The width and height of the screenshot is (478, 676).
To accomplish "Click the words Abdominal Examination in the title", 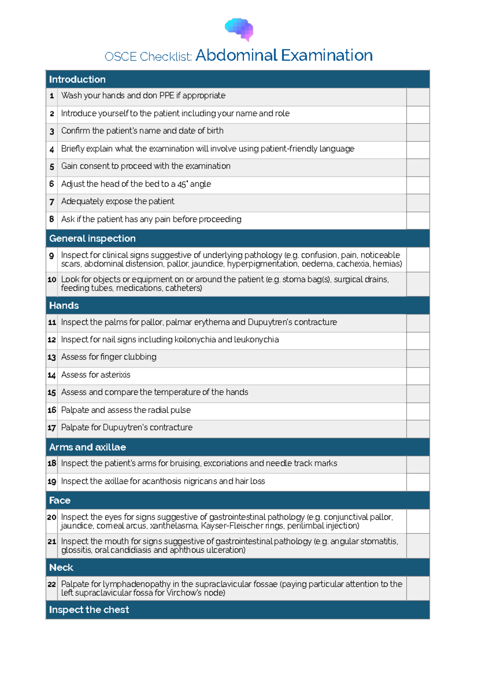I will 284,55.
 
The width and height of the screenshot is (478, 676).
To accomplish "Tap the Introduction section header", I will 77,79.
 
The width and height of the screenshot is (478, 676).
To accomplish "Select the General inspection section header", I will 92,238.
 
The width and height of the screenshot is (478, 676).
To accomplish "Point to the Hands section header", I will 64,305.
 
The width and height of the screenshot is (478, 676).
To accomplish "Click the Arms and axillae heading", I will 87,447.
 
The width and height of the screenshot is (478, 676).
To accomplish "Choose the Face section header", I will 60,500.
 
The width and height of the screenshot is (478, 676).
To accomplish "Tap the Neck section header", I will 61,567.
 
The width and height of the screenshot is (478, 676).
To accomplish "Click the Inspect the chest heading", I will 89,610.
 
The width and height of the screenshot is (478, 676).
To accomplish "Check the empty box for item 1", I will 418,97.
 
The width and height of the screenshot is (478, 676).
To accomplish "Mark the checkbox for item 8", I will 418,220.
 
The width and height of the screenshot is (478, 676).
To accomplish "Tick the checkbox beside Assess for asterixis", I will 418,376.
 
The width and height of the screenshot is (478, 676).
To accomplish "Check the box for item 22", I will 418,588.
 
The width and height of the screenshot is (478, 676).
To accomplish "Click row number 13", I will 52,358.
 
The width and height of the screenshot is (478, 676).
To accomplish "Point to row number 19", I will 52,482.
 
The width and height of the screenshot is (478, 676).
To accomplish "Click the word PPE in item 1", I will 167,96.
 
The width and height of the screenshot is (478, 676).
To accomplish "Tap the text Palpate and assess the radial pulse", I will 126,410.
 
